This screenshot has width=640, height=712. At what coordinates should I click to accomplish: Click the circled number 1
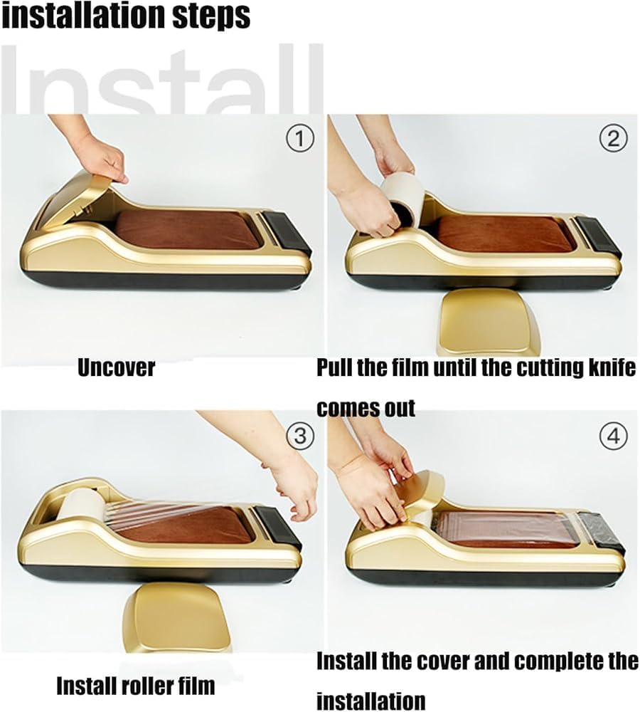click(300, 138)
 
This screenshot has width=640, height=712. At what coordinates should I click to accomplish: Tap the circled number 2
click(613, 138)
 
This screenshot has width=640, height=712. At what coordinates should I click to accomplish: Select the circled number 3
click(300, 436)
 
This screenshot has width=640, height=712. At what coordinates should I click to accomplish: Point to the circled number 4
click(613, 436)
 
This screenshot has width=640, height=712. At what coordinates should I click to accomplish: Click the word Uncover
click(116, 367)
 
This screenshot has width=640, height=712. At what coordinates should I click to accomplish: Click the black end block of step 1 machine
click(287, 234)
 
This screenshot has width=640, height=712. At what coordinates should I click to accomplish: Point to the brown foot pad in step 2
click(504, 233)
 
